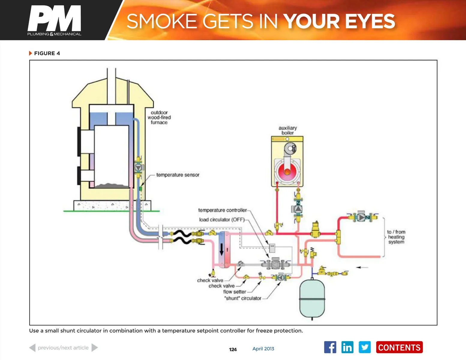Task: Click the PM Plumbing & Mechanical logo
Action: click(x=54, y=20)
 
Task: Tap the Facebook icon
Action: click(x=330, y=347)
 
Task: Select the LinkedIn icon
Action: click(x=347, y=347)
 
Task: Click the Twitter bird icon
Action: click(x=365, y=347)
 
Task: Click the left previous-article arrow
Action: click(x=32, y=348)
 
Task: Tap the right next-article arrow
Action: click(x=95, y=348)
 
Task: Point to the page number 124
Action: click(x=233, y=349)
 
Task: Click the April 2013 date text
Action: click(x=263, y=349)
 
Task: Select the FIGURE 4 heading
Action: click(x=47, y=53)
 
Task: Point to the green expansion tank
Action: click(x=312, y=298)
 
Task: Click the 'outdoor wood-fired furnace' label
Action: click(x=159, y=117)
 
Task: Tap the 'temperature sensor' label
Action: click(x=178, y=175)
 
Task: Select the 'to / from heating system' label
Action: click(x=396, y=237)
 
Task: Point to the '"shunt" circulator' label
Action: click(x=243, y=298)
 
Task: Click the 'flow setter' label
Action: click(x=234, y=292)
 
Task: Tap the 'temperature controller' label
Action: click(x=222, y=210)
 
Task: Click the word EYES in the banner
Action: click(x=370, y=21)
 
